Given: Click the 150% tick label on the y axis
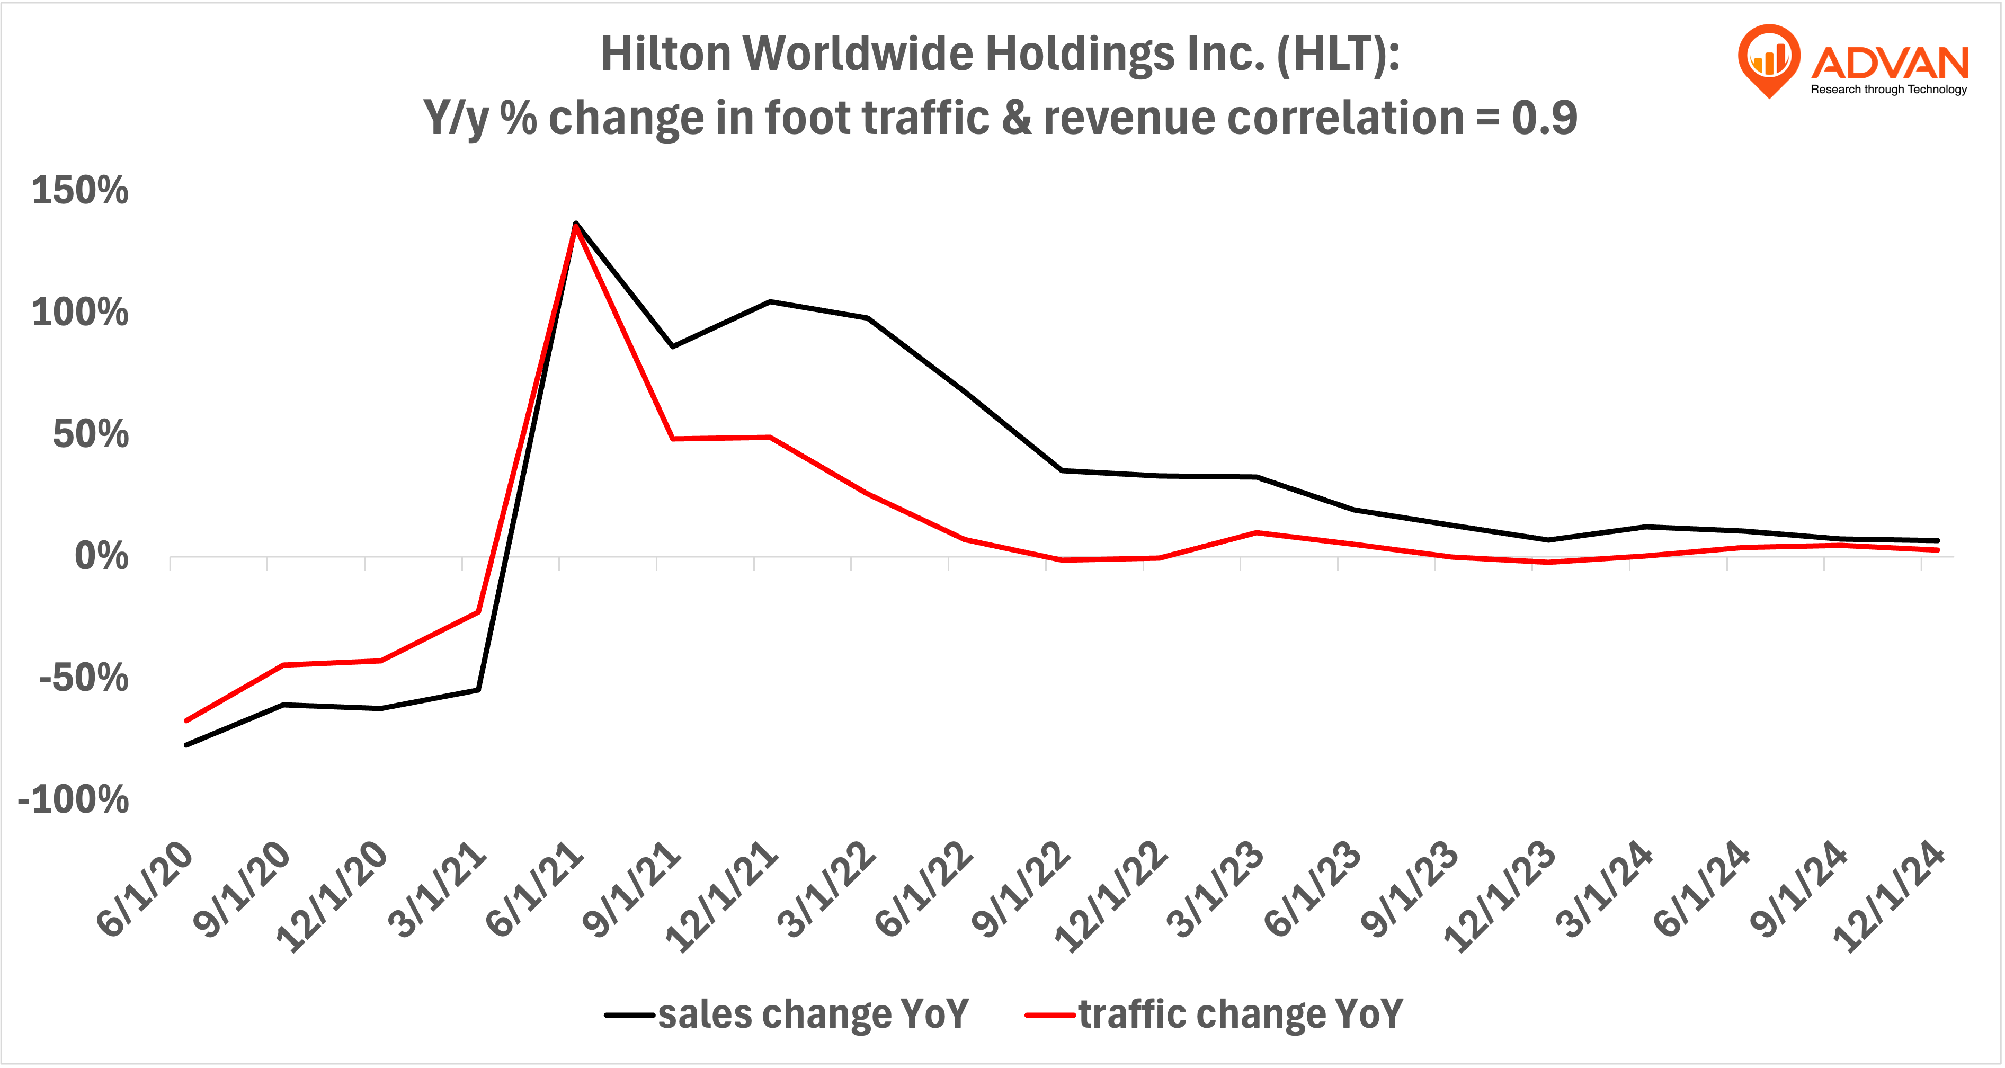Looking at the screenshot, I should tap(79, 191).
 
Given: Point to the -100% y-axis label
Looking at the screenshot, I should tap(73, 799).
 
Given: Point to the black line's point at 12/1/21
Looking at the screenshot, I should tap(770, 301).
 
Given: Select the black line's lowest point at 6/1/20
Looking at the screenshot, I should tap(186, 745).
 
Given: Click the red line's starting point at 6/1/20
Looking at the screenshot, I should tap(186, 720).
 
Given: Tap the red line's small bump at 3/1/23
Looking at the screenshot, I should tap(1257, 532).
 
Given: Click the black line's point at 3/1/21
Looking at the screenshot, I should tap(478, 690).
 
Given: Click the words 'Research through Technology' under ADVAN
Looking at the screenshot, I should tap(1888, 90).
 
